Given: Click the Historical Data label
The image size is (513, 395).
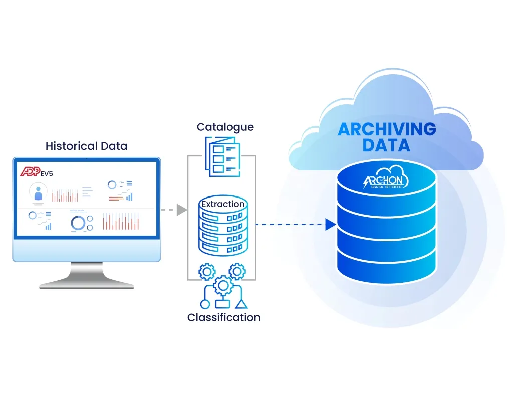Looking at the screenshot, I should (86, 146).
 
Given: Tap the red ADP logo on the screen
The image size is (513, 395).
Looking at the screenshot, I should (30, 172).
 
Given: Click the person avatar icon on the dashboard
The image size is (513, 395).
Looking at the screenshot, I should (38, 192).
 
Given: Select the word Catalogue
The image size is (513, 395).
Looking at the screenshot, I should (225, 127).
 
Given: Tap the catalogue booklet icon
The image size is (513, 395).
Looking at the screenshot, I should (222, 156).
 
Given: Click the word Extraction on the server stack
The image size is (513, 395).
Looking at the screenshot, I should (223, 204).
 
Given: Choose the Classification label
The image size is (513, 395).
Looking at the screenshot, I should (223, 317).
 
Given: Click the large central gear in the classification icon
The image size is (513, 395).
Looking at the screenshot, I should (223, 286).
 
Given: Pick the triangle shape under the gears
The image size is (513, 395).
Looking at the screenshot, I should (241, 304).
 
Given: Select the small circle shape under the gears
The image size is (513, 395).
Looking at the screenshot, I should (204, 304).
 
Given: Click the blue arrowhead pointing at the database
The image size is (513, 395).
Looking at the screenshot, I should (330, 225).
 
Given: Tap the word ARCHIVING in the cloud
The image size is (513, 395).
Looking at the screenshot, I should (387, 129).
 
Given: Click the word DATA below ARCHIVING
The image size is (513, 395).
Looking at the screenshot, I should (386, 145).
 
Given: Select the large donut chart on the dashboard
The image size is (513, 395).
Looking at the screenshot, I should (78, 222).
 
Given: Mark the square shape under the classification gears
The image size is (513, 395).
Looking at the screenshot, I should (222, 304).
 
